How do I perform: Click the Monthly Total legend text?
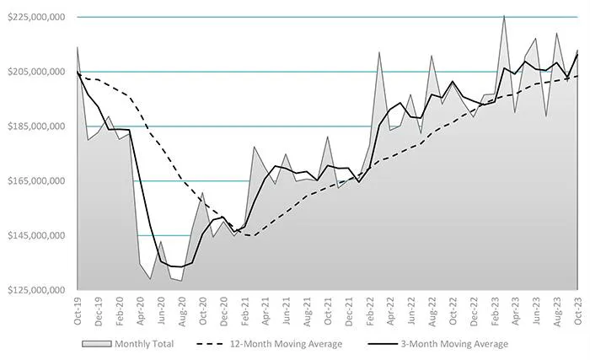pyautogui.click(x=147, y=344)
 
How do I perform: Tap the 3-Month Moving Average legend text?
pyautogui.click(x=461, y=344)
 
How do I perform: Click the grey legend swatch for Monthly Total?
pyautogui.click(x=97, y=344)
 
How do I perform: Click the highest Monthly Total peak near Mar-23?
pyautogui.click(x=504, y=15)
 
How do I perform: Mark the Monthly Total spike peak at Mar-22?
pyautogui.click(x=379, y=52)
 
